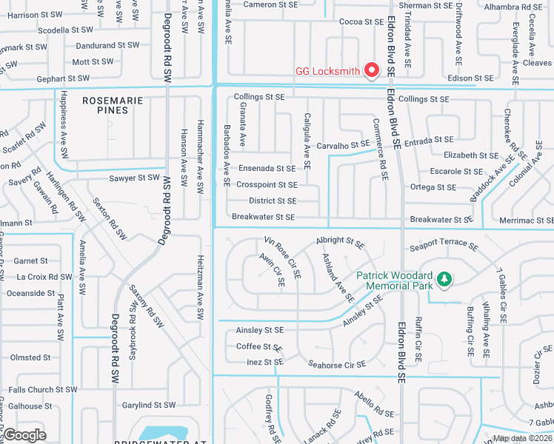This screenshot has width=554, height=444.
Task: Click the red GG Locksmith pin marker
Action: (373, 70)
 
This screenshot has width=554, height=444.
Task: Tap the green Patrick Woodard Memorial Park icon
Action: (444, 279)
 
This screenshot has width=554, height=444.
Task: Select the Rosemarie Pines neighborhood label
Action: (105, 104)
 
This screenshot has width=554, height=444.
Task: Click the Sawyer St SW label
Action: (134, 178)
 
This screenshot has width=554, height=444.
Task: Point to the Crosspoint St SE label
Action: (267, 184)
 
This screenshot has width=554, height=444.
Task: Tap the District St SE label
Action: (273, 201)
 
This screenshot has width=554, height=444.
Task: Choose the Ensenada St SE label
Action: (267, 169)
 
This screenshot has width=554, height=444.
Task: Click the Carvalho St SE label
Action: (343, 145)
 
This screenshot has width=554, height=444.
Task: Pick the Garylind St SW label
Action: (149, 405)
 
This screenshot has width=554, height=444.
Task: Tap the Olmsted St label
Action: (30, 357)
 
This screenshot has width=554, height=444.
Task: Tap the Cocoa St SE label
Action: (361, 22)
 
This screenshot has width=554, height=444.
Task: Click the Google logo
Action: (25, 434)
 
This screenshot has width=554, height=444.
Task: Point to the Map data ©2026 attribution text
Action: (522, 438)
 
